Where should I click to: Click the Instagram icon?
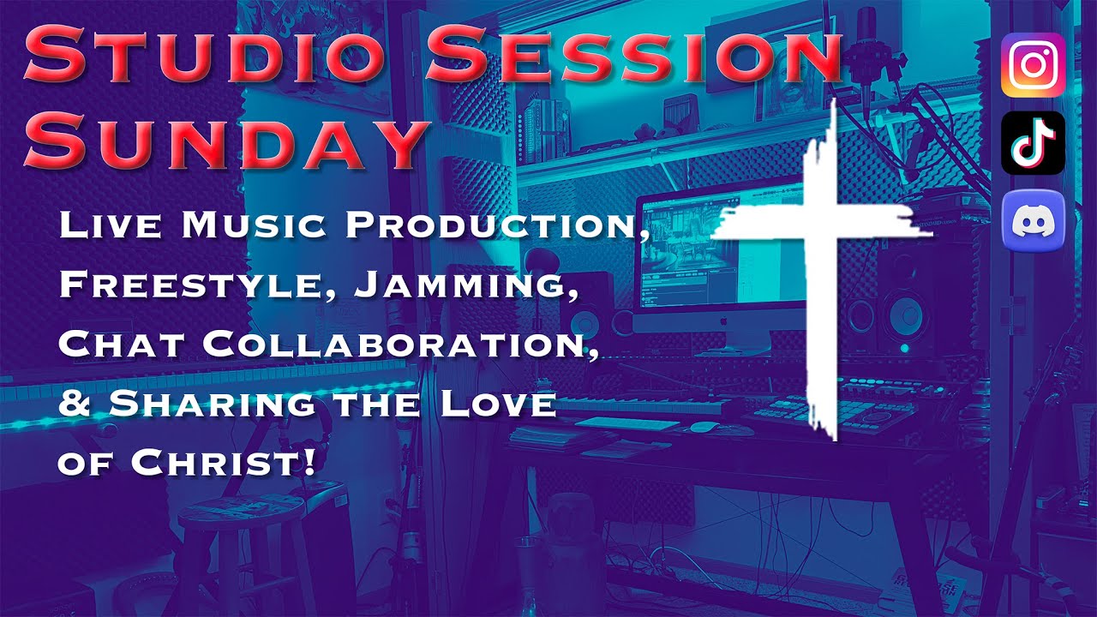click(1033, 65)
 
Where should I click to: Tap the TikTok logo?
click(1033, 143)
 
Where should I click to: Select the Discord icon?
click(1033, 221)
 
